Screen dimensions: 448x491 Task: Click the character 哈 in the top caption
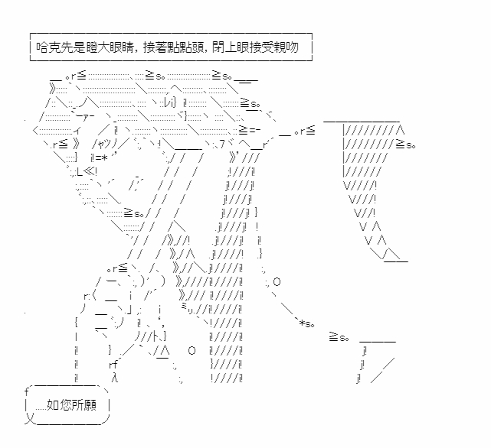pos(43,47)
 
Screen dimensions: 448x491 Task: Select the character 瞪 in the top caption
pos(92,47)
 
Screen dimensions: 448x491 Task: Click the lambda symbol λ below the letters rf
pos(114,378)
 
